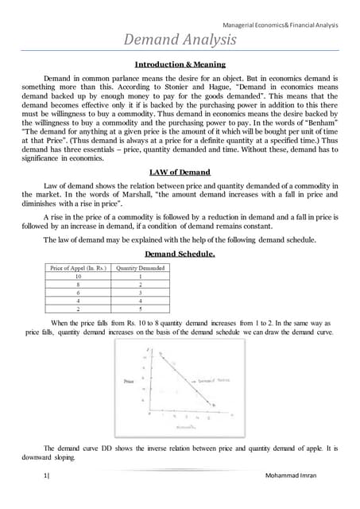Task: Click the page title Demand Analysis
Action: [180, 39]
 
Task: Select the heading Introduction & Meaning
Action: [180, 64]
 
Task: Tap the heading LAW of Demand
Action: [180, 172]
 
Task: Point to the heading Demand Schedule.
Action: [180, 254]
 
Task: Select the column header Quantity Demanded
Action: [140, 268]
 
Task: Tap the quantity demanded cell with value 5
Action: [140, 309]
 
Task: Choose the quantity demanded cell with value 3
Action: [140, 293]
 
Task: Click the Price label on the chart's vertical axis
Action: [130, 382]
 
